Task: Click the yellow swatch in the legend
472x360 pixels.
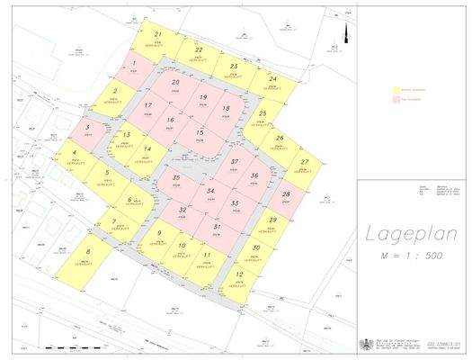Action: click(396, 91)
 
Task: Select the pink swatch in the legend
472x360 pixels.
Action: click(396, 99)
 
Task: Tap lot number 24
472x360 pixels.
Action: click(271, 81)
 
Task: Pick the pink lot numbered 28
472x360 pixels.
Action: click(285, 196)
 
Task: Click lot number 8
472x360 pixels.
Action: click(87, 256)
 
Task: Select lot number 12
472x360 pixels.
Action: click(238, 277)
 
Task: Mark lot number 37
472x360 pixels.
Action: click(234, 165)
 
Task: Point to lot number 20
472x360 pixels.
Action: click(175, 85)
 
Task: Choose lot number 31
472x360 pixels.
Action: click(218, 229)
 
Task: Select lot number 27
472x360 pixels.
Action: click(306, 165)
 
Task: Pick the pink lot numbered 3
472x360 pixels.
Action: click(87, 130)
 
